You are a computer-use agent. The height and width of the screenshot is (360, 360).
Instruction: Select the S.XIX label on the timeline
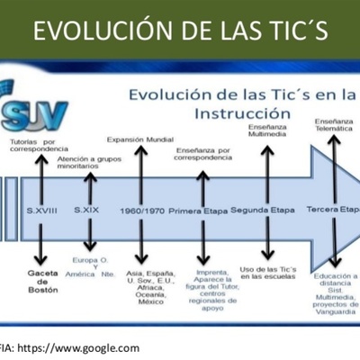pyautogui.click(x=87, y=209)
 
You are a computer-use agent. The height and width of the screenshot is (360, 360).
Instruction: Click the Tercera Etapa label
pyautogui.click(x=332, y=209)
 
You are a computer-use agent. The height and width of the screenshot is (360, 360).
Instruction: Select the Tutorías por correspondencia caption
pyautogui.click(x=38, y=145)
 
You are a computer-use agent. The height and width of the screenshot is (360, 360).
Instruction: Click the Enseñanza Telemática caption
pyautogui.click(x=335, y=125)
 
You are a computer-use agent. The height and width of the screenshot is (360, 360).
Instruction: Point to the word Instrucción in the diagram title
pyautogui.click(x=240, y=114)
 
